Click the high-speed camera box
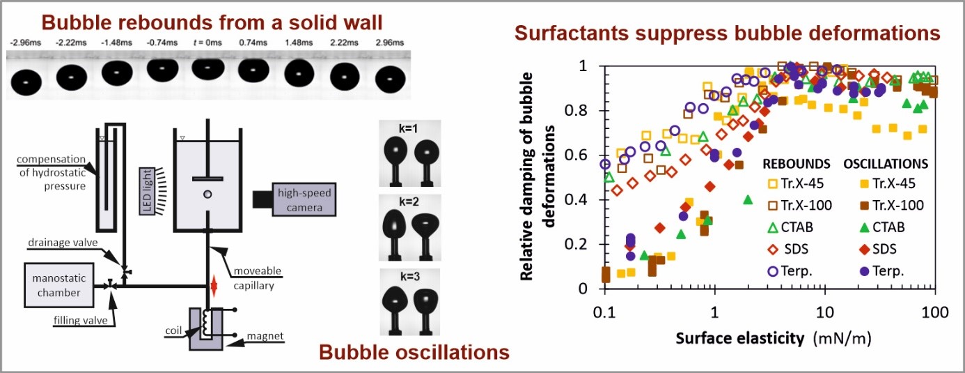(x=304, y=199)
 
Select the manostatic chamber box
(x=59, y=285)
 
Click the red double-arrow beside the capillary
(x=214, y=286)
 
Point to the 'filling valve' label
(x=80, y=321)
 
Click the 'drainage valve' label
(x=63, y=243)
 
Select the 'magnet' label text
(x=265, y=335)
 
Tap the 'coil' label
(x=173, y=330)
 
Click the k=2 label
(x=409, y=202)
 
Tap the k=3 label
(x=409, y=276)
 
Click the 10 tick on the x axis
(x=824, y=312)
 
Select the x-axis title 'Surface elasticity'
(x=739, y=338)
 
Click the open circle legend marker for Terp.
(x=774, y=271)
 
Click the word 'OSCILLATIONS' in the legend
(x=886, y=164)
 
